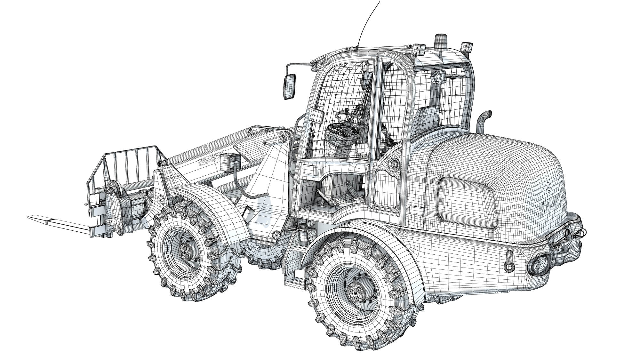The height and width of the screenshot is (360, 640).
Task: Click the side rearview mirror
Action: point(290,86)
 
